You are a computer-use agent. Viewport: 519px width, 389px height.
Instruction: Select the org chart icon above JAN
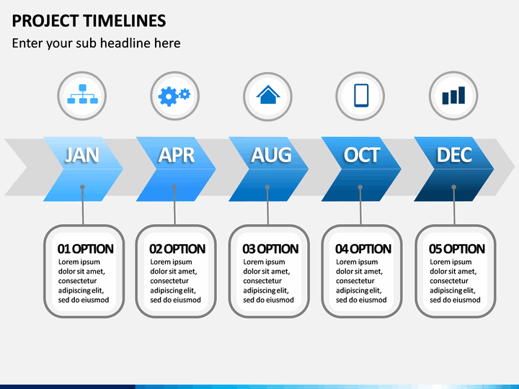coord(82,94)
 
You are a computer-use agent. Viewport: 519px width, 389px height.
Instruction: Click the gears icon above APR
coord(174,96)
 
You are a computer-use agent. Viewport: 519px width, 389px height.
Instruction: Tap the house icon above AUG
coord(268,94)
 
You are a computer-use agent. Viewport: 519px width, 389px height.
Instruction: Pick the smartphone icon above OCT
coord(361,95)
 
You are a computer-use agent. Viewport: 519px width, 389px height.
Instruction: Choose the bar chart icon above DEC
coord(453,95)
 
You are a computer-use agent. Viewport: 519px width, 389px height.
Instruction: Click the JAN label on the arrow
coord(82,155)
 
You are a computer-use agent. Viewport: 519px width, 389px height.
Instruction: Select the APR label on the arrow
coord(177,155)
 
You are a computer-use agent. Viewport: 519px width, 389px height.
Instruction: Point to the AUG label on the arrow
coord(271,155)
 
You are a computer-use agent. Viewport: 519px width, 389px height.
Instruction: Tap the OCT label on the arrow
coord(361,155)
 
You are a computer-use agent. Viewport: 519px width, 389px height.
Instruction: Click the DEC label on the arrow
coord(454,155)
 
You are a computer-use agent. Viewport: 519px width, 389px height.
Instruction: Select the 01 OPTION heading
coord(85,249)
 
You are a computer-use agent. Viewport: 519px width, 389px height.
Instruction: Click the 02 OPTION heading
coord(177,249)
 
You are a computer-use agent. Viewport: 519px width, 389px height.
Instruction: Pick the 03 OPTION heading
coord(270,249)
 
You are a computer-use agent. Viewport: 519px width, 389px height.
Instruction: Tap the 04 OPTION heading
coord(363,249)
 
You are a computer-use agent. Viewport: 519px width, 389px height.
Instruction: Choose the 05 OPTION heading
coord(457,249)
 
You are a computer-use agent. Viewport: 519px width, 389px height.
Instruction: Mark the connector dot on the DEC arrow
coord(454,187)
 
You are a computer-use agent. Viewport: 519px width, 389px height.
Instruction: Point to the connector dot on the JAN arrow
coord(82,187)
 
